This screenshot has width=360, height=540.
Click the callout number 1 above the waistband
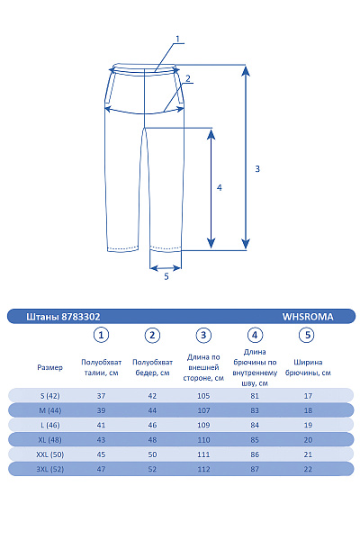point(178,39)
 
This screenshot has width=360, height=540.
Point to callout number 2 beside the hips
point(187,78)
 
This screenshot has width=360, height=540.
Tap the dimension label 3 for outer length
point(257,168)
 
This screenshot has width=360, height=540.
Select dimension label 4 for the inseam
point(219,188)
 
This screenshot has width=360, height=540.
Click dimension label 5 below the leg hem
point(166,276)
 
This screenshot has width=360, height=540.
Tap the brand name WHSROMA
point(308,317)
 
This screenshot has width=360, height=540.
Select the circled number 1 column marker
point(102,336)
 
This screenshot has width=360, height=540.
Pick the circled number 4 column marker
point(255,336)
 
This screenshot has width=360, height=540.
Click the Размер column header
point(50,367)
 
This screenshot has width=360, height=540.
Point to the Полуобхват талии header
point(102,367)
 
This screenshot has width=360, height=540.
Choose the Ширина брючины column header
point(308,367)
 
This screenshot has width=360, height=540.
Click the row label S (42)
point(50,396)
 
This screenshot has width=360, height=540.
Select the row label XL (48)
point(50,439)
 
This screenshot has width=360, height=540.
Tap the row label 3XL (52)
point(50,469)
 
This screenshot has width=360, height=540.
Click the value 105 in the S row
point(204,396)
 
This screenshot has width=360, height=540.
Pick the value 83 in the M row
point(256,410)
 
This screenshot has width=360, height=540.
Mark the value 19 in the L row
point(308,425)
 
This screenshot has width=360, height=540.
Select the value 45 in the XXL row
point(102,454)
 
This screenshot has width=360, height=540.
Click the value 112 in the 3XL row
point(204,469)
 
